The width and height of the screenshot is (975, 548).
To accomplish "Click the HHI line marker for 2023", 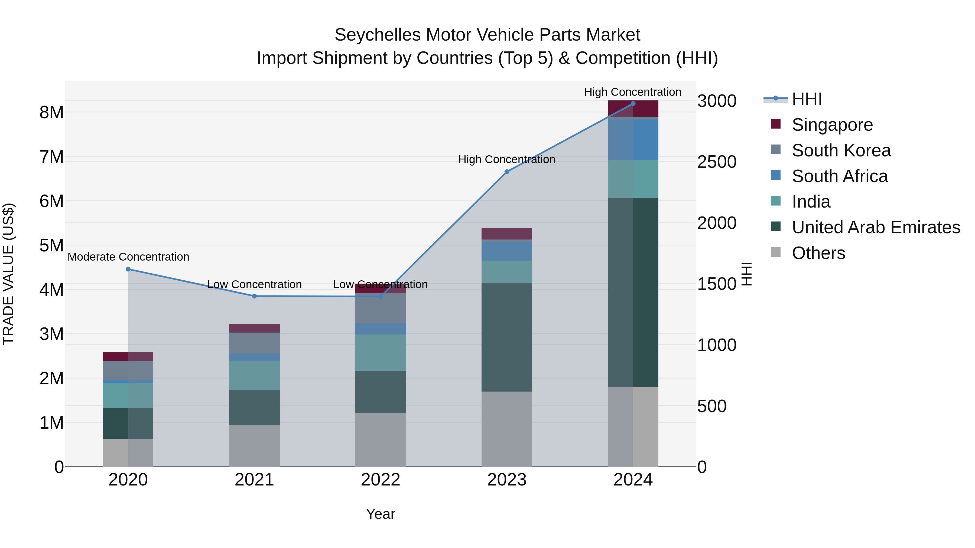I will click(507, 172).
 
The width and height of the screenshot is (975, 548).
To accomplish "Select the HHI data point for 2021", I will click(254, 296).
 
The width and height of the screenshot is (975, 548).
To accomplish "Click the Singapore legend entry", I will click(832, 125).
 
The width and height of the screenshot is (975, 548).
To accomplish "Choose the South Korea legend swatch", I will click(776, 150).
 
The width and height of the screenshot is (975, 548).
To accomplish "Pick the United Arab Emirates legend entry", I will click(876, 227).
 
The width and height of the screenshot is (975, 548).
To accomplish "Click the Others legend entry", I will click(818, 253).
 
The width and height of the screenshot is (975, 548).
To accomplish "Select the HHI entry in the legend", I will click(807, 99).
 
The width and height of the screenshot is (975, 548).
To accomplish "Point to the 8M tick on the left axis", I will click(51, 112).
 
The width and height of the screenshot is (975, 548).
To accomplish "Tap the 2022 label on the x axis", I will click(381, 480).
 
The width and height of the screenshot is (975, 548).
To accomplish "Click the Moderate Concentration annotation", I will click(128, 257).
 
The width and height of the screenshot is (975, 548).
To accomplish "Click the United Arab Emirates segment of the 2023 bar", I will click(507, 337).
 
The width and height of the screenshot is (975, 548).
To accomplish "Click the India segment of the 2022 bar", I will click(381, 352).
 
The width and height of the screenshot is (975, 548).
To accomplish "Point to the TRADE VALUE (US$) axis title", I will click(8, 274).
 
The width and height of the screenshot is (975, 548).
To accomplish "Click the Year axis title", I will click(381, 514).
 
